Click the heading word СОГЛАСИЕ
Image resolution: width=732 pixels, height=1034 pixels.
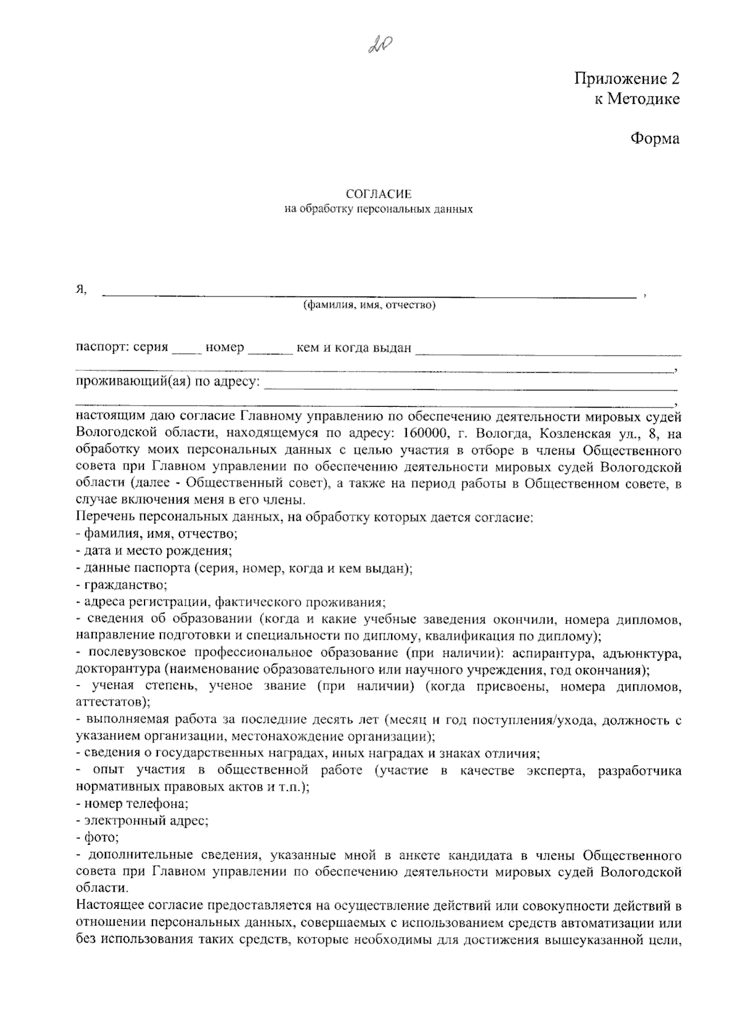point(379,194)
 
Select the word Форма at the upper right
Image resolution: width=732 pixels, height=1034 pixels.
point(655,138)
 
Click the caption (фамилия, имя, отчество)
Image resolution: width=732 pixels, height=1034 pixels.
point(370,305)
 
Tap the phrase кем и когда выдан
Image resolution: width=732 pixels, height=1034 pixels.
point(354,348)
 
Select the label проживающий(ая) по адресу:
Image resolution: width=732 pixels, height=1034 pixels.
point(167,382)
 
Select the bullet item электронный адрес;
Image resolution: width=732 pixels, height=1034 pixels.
point(142,820)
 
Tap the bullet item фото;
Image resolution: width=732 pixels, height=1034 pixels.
point(98,838)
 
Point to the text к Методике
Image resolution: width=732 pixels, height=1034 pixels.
point(637,99)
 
